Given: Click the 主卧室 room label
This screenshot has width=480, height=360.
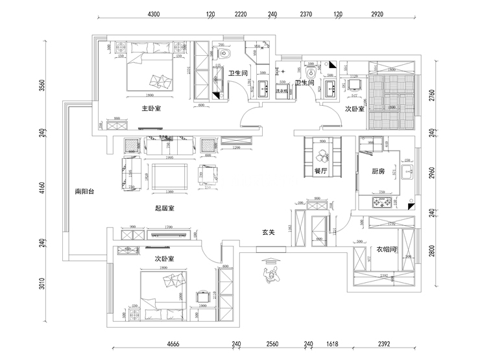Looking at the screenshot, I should [151, 108].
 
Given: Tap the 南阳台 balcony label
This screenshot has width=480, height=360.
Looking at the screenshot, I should [85, 191].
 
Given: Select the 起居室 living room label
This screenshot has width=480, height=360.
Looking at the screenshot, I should [164, 208].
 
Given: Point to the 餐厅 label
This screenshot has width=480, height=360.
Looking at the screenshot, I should [320, 171].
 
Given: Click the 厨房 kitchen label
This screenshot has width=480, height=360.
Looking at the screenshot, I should [379, 172].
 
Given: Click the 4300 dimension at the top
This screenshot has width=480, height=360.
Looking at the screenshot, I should [154, 13].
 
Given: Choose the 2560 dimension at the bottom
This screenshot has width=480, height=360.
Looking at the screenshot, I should [272, 344].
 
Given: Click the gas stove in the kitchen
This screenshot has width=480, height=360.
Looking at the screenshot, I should [383, 202].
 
